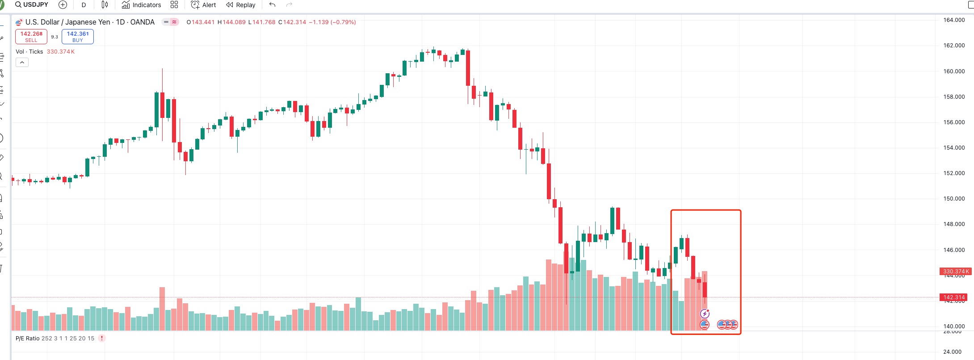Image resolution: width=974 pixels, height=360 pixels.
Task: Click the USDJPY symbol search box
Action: (x=32, y=5)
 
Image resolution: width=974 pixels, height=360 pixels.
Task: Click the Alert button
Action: (x=203, y=5)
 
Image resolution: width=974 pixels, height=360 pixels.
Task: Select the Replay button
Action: (x=241, y=5)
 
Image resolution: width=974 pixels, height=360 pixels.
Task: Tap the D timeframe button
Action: (x=84, y=5)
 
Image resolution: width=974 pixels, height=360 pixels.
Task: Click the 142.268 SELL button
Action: (x=31, y=37)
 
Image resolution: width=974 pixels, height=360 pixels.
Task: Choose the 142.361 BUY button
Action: (x=78, y=37)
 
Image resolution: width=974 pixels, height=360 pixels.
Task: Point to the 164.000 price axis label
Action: (x=954, y=20)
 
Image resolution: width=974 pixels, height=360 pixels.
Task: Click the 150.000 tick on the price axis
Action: (x=954, y=199)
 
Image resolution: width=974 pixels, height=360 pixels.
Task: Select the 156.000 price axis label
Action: (x=954, y=122)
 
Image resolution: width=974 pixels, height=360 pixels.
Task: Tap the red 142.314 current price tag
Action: (x=954, y=297)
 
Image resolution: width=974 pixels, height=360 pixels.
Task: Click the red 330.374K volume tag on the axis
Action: (x=955, y=272)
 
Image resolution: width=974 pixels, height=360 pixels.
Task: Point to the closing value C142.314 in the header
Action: (x=292, y=22)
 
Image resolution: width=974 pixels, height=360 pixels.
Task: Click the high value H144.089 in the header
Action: (x=231, y=22)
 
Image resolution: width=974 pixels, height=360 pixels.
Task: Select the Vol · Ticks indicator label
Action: (x=29, y=52)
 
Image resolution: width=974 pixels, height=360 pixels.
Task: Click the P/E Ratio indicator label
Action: (x=28, y=339)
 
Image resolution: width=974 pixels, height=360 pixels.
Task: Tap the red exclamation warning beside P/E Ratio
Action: (x=102, y=338)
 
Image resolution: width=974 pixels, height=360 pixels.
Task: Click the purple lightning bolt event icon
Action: (x=705, y=314)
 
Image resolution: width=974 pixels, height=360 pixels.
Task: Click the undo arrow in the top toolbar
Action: (x=272, y=5)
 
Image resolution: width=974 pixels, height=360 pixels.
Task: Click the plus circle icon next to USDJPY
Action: (x=63, y=5)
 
